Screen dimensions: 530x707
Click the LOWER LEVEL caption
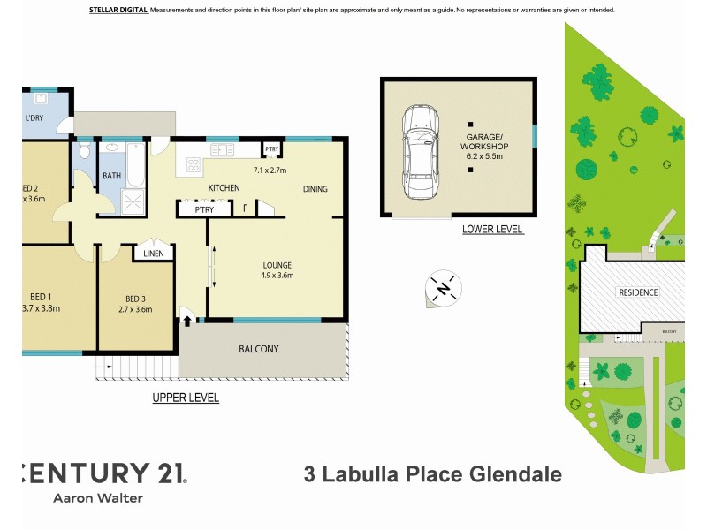tap(492, 230)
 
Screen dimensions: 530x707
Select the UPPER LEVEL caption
tap(186, 398)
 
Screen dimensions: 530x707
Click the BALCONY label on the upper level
tap(258, 349)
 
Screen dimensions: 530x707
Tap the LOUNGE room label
tap(277, 265)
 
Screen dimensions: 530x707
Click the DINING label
tap(315, 189)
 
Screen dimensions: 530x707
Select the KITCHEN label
tap(224, 189)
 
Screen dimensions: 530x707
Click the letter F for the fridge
tap(245, 209)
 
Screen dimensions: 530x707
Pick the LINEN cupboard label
tap(152, 254)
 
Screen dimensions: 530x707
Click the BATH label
tap(112, 176)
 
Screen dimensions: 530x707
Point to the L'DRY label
tap(34, 117)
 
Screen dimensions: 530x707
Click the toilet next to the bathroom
tap(84, 153)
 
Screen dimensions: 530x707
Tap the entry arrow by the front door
tap(187, 313)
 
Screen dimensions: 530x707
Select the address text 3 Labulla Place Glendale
tap(432, 474)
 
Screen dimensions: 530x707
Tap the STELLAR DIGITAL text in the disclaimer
tap(118, 10)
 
